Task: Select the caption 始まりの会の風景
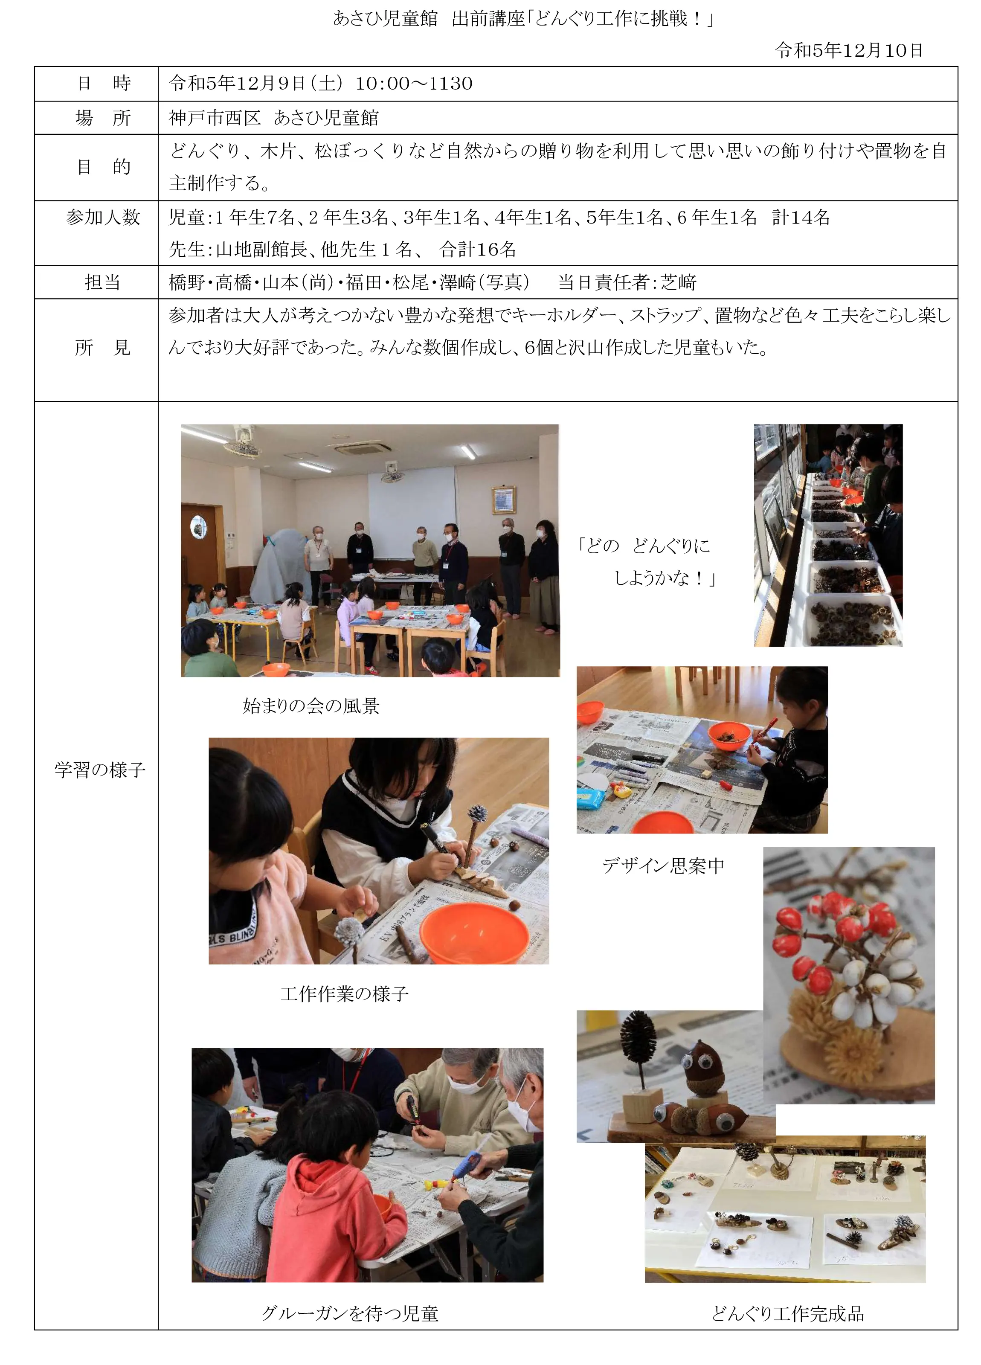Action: point(311,706)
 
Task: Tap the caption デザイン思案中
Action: point(663,865)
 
